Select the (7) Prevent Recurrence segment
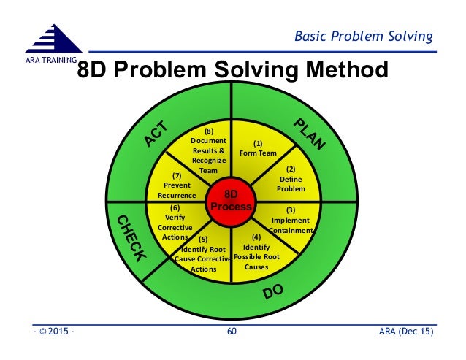(x=177, y=185)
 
